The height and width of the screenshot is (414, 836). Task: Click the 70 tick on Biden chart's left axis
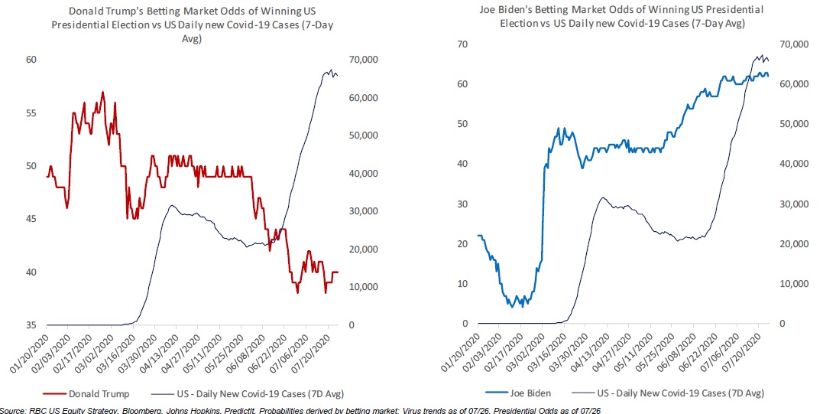(461, 44)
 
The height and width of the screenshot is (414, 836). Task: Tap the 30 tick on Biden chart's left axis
(461, 204)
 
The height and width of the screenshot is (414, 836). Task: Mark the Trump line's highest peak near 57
(102, 93)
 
